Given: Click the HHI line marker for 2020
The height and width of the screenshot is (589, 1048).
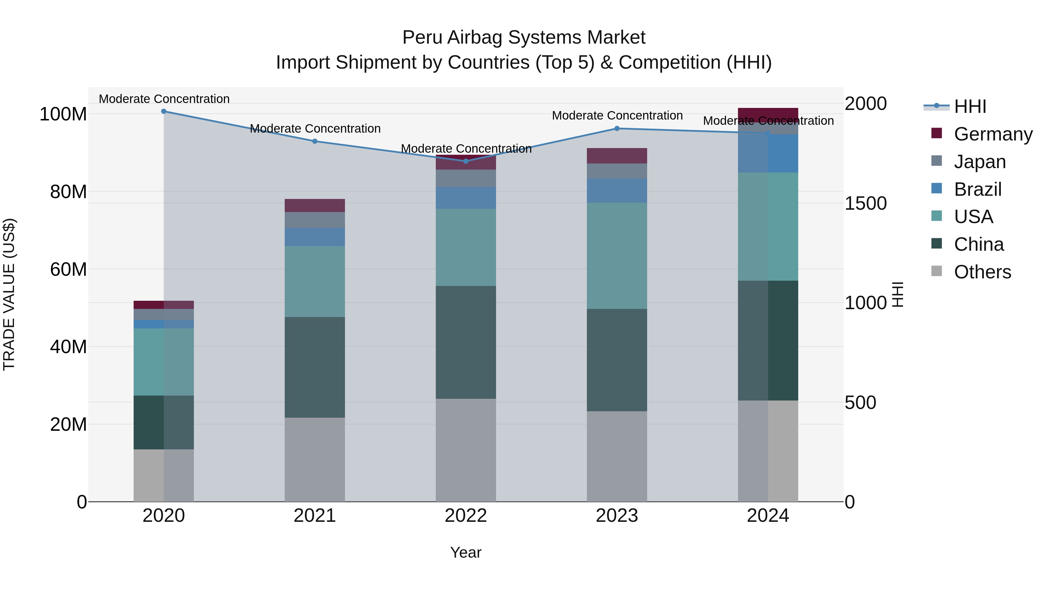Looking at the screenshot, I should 164,111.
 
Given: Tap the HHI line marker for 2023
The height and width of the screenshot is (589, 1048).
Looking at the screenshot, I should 617,129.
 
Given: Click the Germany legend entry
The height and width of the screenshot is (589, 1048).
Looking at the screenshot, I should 993,134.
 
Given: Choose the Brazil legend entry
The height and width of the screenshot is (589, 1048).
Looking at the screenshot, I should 977,189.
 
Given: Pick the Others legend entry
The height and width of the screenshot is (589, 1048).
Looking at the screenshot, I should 982,272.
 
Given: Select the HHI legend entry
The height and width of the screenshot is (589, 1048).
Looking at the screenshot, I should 970,106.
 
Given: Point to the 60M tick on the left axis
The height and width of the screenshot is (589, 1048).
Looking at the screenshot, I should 68,270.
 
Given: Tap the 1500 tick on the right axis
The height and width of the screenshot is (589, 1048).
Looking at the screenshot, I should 865,203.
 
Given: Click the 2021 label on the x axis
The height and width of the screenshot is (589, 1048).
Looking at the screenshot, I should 314,516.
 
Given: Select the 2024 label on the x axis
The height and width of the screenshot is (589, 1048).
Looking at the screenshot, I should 768,516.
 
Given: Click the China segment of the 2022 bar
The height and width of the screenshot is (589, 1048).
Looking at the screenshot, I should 466,342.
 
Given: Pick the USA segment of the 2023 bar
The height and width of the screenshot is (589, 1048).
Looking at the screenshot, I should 617,256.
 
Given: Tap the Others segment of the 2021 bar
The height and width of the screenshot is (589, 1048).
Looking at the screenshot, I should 314,459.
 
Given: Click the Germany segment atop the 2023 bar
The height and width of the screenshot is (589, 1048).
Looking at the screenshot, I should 617,156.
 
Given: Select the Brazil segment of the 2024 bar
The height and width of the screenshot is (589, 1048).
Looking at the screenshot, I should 768,153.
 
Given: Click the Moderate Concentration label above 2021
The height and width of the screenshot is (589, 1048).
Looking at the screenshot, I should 315,129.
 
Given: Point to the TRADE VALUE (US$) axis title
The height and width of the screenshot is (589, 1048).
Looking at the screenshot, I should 9,294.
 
